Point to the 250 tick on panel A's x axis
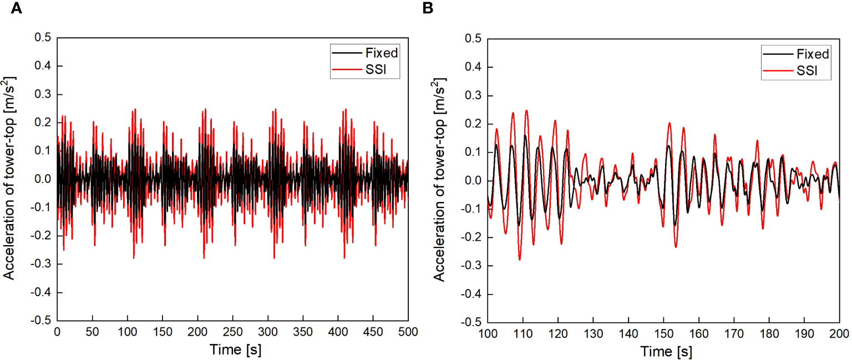[232, 331]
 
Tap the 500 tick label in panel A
[407, 331]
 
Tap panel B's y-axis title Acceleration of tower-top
[439, 180]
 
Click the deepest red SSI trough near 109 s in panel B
[520, 259]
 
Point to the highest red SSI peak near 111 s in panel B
[526, 110]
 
